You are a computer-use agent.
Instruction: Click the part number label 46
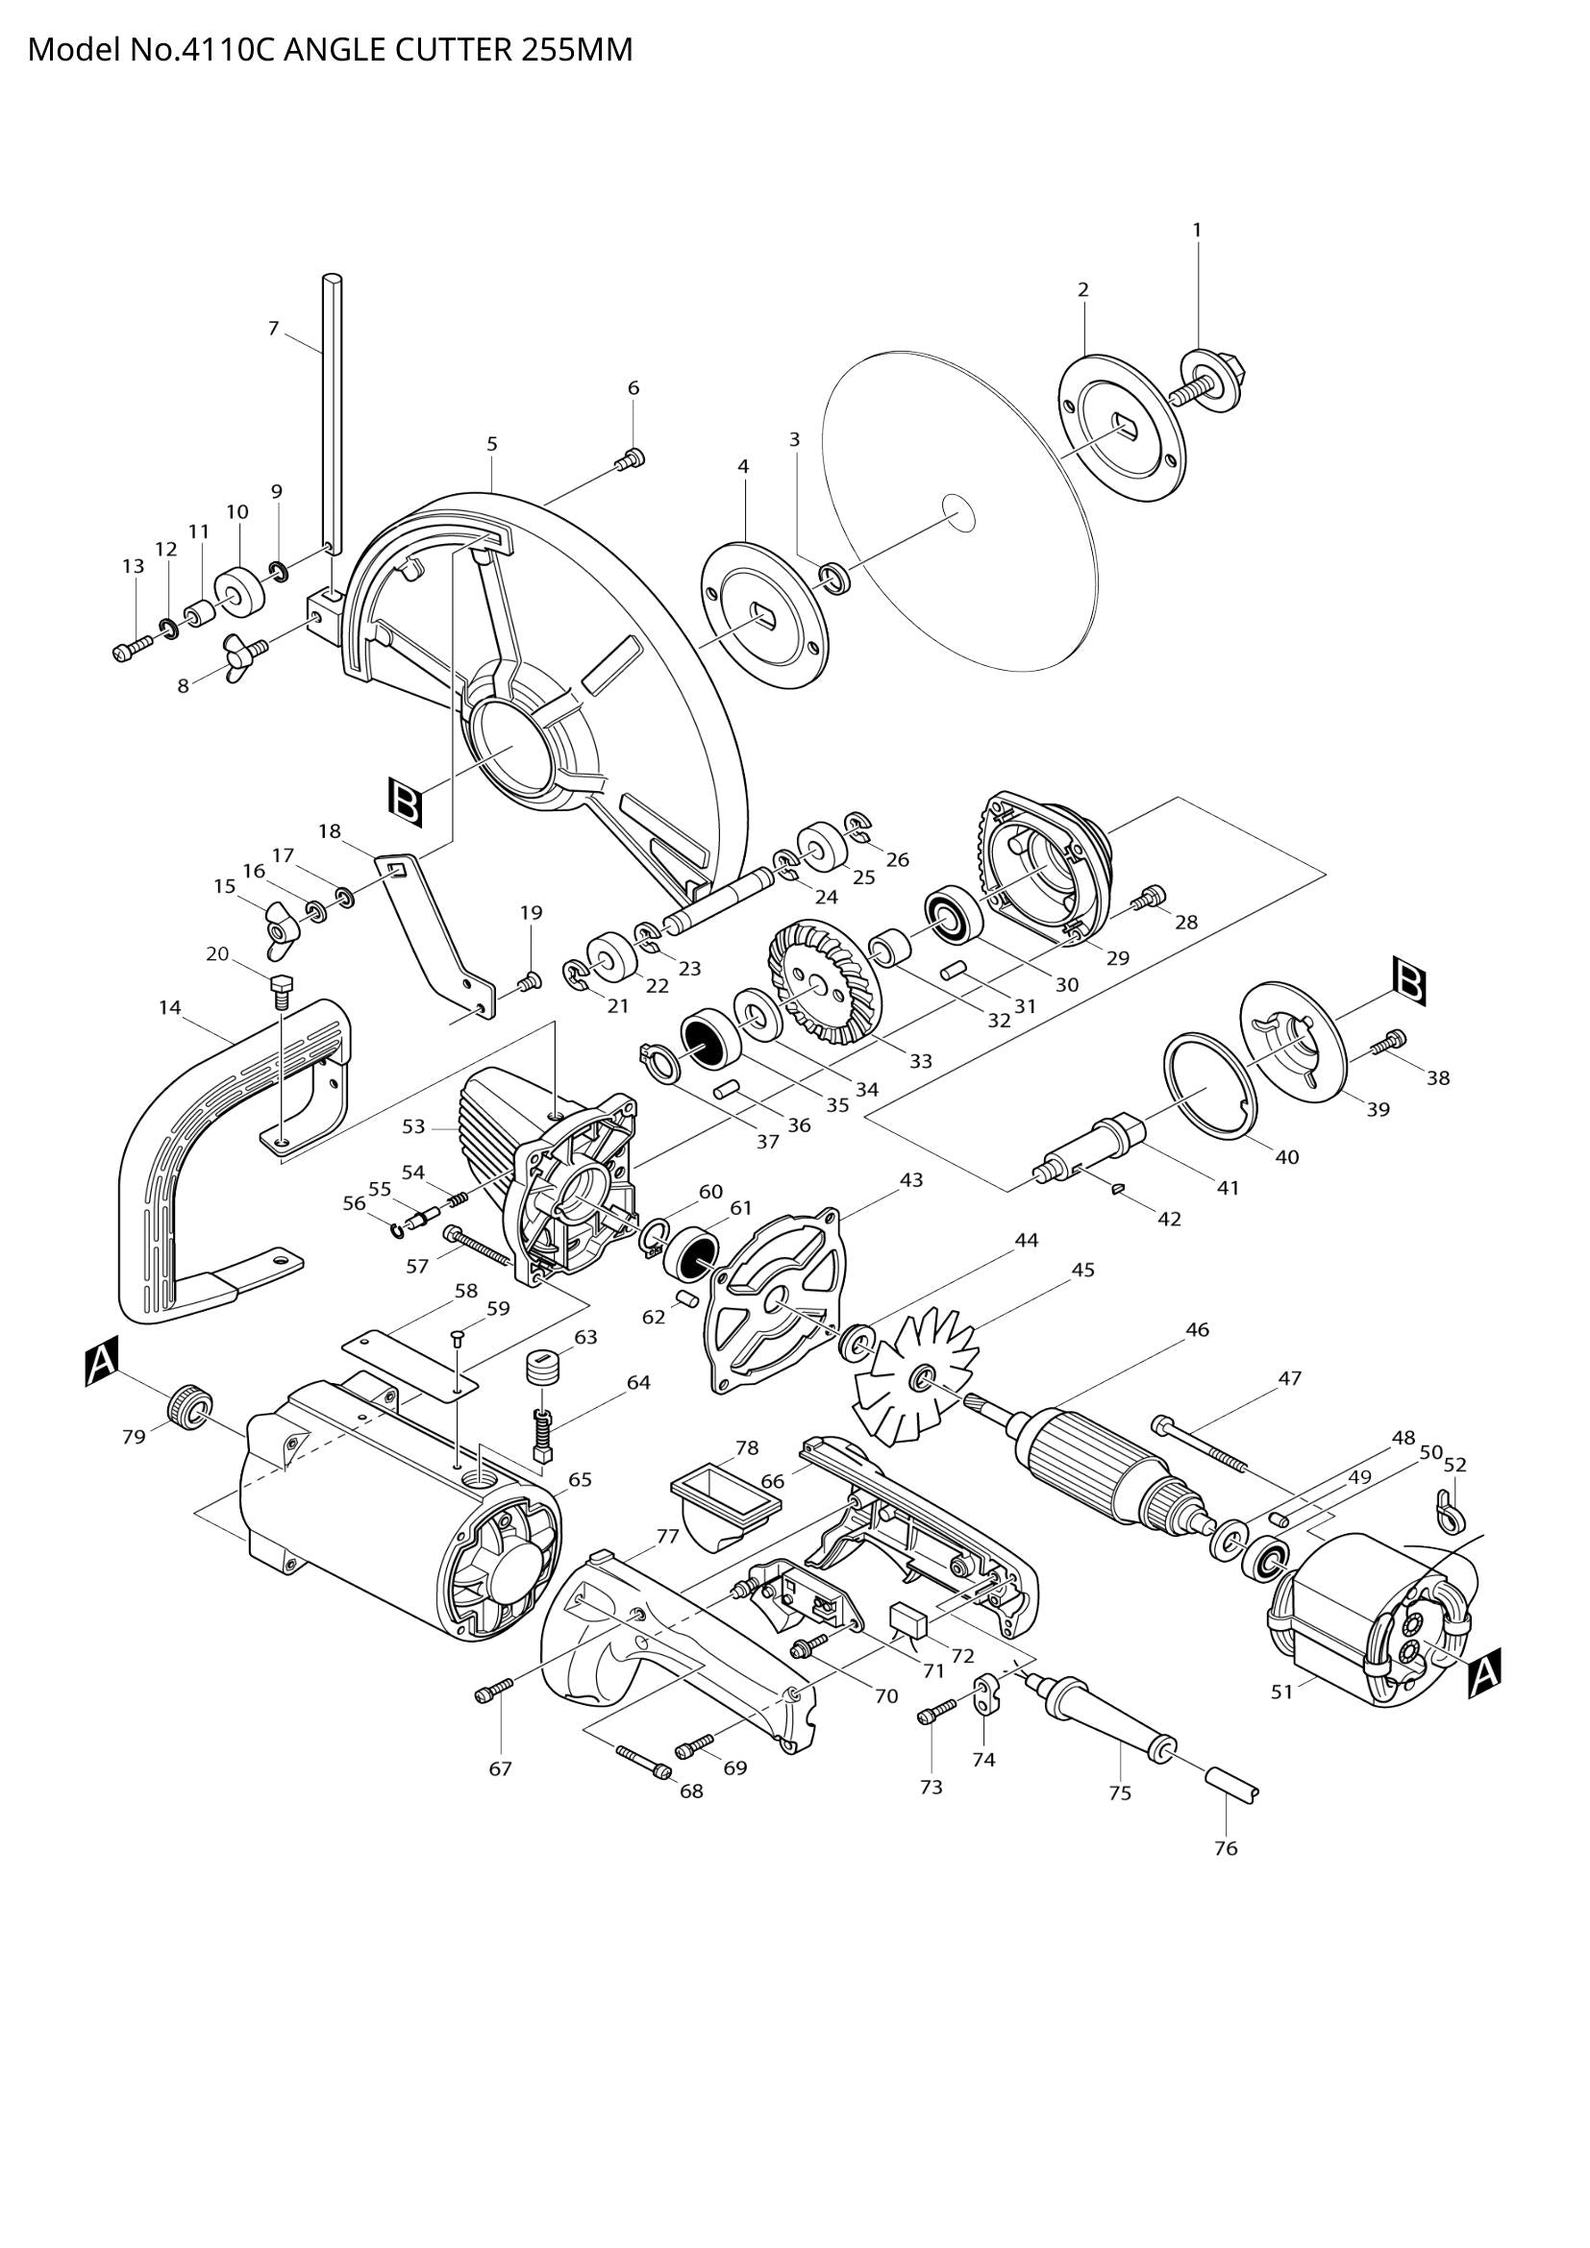(x=1197, y=1329)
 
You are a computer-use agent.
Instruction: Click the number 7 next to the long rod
(x=273, y=328)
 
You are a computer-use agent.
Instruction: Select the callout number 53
(x=413, y=1127)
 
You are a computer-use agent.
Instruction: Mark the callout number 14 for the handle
(x=170, y=1006)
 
